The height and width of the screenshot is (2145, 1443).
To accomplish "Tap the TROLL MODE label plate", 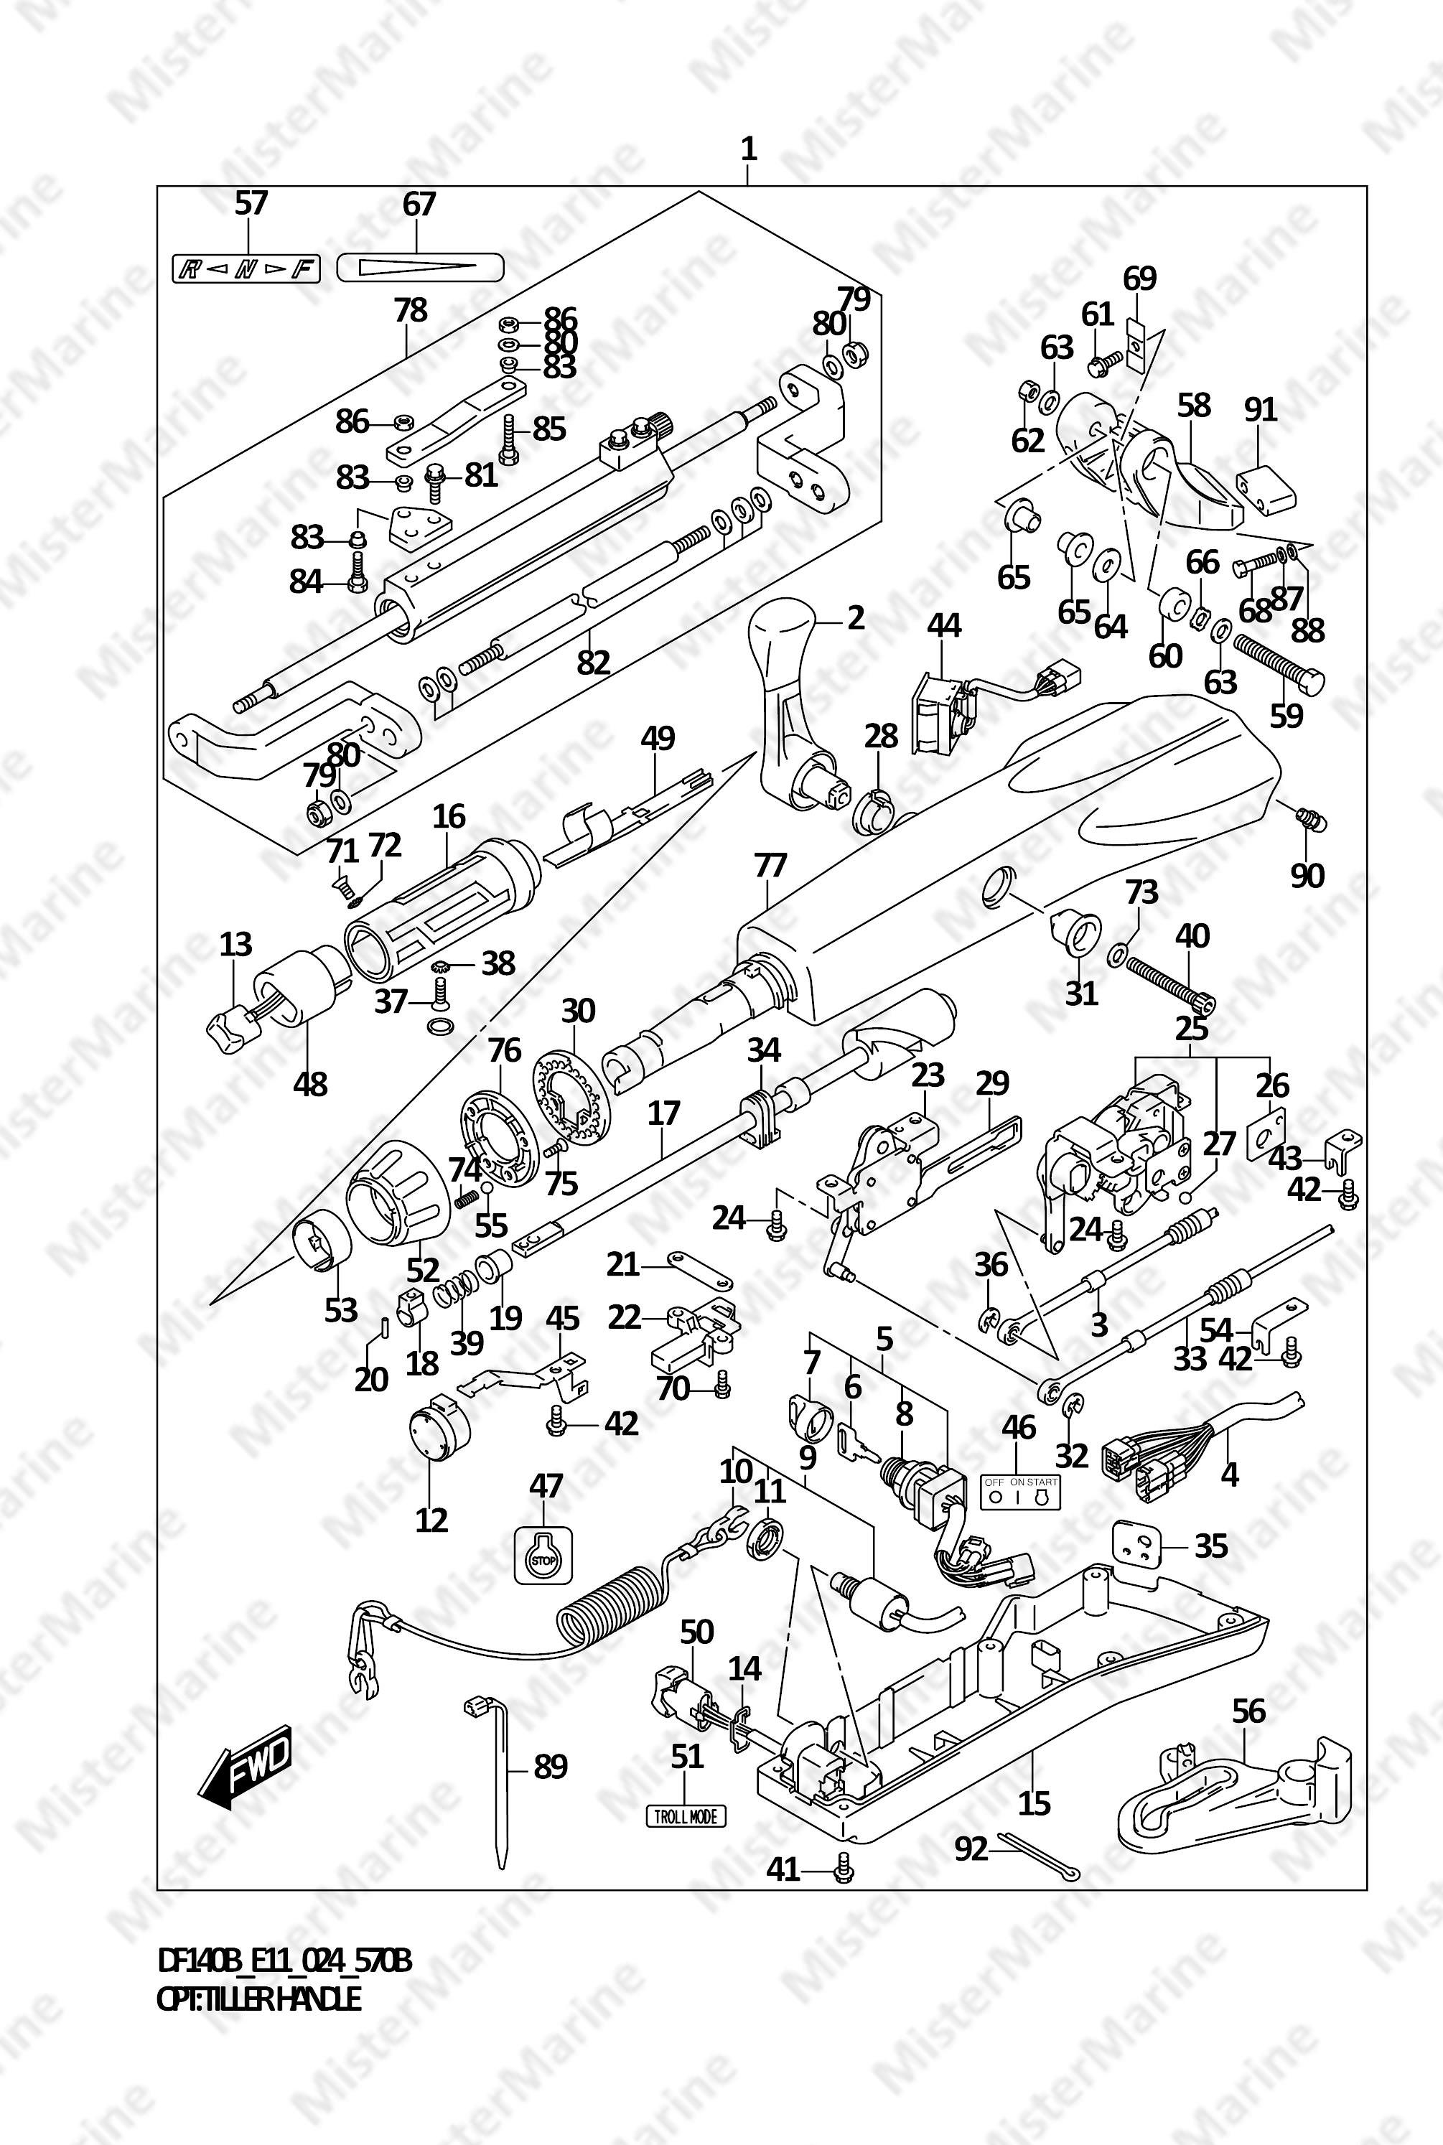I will point(685,1815).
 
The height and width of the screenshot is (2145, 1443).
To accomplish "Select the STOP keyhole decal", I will point(542,1555).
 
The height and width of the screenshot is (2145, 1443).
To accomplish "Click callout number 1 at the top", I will point(748,148).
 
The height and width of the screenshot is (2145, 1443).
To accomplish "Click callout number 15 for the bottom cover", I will point(1035,1802).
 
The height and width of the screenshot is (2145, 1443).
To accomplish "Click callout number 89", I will point(551,1767).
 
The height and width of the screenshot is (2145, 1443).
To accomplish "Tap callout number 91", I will point(1260,408).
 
